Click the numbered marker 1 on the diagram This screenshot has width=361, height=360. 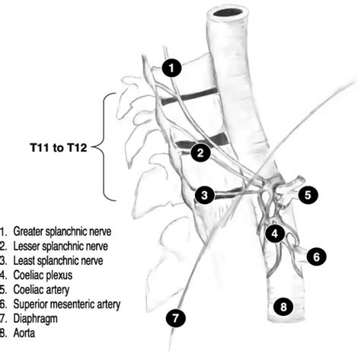tap(173, 68)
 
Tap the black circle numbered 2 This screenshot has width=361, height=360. tap(200, 152)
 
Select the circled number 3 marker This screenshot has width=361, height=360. tap(203, 195)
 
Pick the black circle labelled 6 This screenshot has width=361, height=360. tap(316, 256)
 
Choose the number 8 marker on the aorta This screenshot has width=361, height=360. tap(283, 307)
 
